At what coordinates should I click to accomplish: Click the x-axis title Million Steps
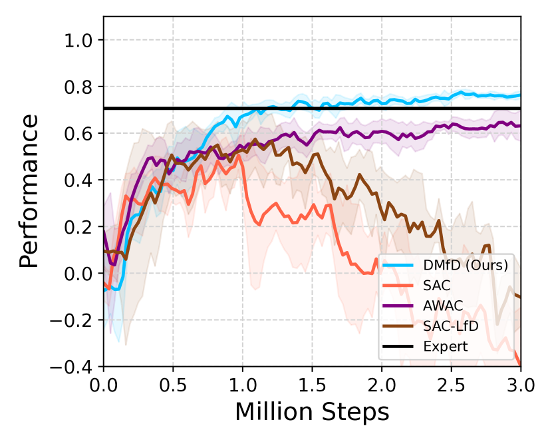click(312, 411)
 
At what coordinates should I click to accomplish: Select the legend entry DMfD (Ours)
click(466, 266)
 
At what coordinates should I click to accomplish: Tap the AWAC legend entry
click(442, 306)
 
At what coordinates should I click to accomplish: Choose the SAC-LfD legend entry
click(450, 326)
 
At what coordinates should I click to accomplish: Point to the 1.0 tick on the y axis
click(80, 41)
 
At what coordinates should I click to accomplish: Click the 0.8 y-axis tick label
click(80, 87)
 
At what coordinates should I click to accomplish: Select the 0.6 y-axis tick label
click(80, 134)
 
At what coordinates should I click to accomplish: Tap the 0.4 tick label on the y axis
click(80, 180)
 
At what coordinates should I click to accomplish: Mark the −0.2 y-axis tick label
click(75, 320)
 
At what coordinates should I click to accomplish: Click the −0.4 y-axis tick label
click(75, 367)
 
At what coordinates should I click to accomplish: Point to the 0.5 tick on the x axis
click(173, 385)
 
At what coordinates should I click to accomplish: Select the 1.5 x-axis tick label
click(312, 385)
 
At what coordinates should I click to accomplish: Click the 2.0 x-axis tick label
click(382, 385)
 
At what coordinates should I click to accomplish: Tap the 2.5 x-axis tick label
click(451, 385)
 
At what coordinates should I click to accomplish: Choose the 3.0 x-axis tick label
click(520, 385)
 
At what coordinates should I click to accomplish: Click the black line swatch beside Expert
click(400, 346)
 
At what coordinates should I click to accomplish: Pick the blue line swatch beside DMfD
click(400, 266)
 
